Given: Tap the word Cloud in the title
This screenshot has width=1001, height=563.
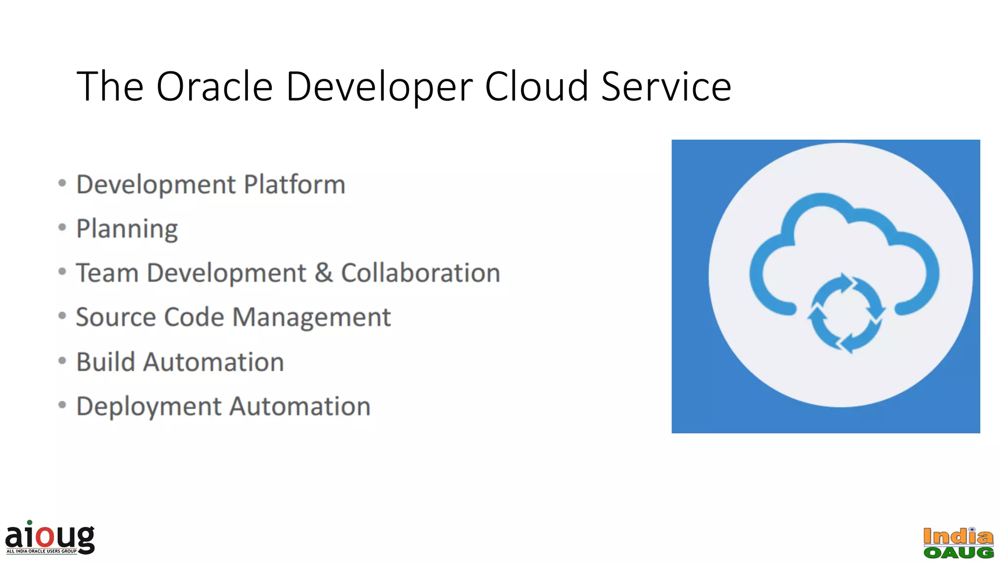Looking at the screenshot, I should click(536, 87).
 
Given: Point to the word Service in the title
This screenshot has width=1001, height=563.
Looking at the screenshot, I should click(666, 87).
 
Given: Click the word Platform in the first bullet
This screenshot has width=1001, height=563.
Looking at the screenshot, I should click(294, 185).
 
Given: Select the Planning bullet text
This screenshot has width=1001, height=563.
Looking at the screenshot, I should click(127, 229).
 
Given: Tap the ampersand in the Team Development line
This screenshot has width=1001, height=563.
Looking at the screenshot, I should click(323, 273).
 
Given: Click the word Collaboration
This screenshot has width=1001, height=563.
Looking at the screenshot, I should click(420, 273).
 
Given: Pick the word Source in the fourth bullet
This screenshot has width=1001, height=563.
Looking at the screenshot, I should click(116, 317).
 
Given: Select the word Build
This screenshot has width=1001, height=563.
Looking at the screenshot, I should click(106, 362).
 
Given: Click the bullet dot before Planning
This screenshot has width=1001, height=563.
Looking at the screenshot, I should click(62, 227).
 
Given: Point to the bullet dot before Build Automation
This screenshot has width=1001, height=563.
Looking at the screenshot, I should click(62, 361).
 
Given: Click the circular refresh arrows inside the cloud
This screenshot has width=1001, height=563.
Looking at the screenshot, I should click(846, 313).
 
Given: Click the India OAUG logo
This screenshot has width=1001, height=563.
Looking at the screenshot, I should click(958, 543).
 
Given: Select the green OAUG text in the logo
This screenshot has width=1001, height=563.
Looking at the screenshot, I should click(958, 552).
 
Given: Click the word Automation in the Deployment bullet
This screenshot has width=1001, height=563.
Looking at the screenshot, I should click(300, 407).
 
